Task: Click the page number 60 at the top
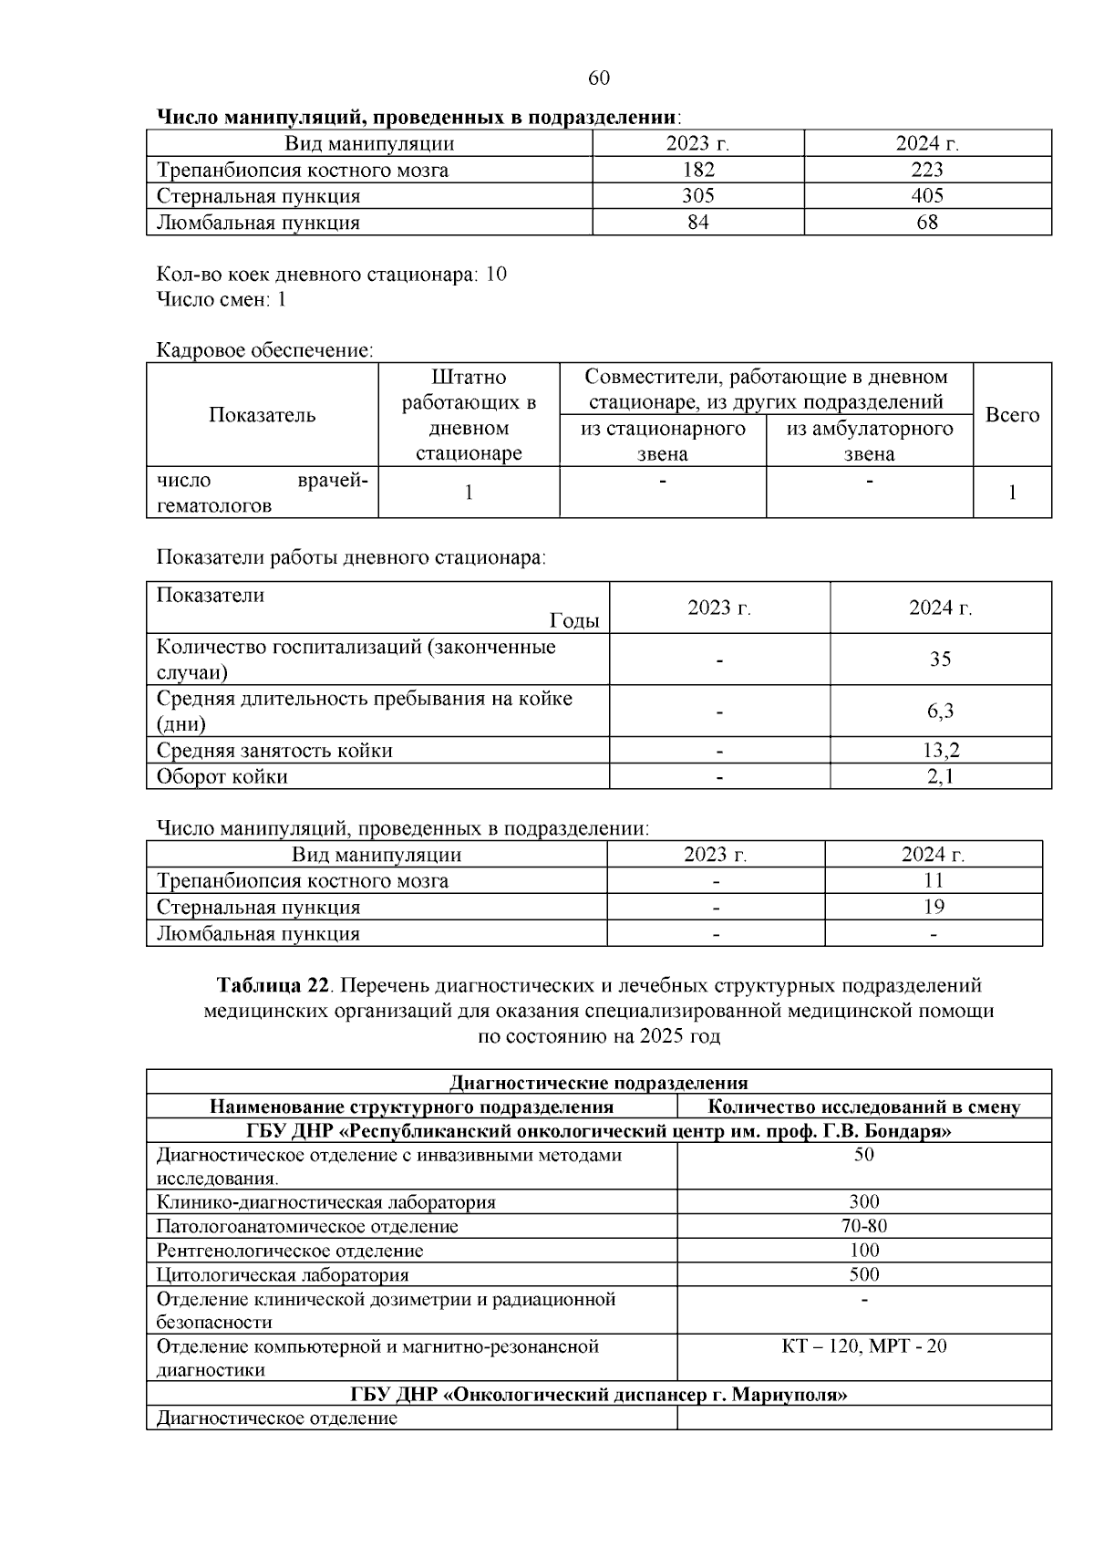(x=599, y=78)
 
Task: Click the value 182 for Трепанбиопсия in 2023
(x=698, y=170)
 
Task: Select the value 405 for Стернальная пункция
(x=927, y=196)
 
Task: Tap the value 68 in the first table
(x=927, y=223)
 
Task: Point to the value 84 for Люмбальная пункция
(x=698, y=223)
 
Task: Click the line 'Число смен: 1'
(x=222, y=300)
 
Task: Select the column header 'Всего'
(x=1012, y=415)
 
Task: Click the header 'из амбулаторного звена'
(x=869, y=442)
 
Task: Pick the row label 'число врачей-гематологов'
(x=262, y=493)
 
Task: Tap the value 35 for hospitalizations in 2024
(x=940, y=660)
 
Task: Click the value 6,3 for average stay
(x=940, y=712)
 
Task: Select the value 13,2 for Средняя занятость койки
(x=940, y=751)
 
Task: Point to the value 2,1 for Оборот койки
(x=940, y=777)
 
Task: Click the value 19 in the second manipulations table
(x=934, y=907)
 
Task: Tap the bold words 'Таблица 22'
(x=272, y=986)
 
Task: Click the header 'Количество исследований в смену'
(x=863, y=1107)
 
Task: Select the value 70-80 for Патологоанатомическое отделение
(x=863, y=1226)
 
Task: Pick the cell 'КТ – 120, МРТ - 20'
(x=863, y=1346)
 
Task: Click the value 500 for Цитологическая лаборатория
(x=863, y=1274)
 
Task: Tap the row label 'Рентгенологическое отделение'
(x=290, y=1251)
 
